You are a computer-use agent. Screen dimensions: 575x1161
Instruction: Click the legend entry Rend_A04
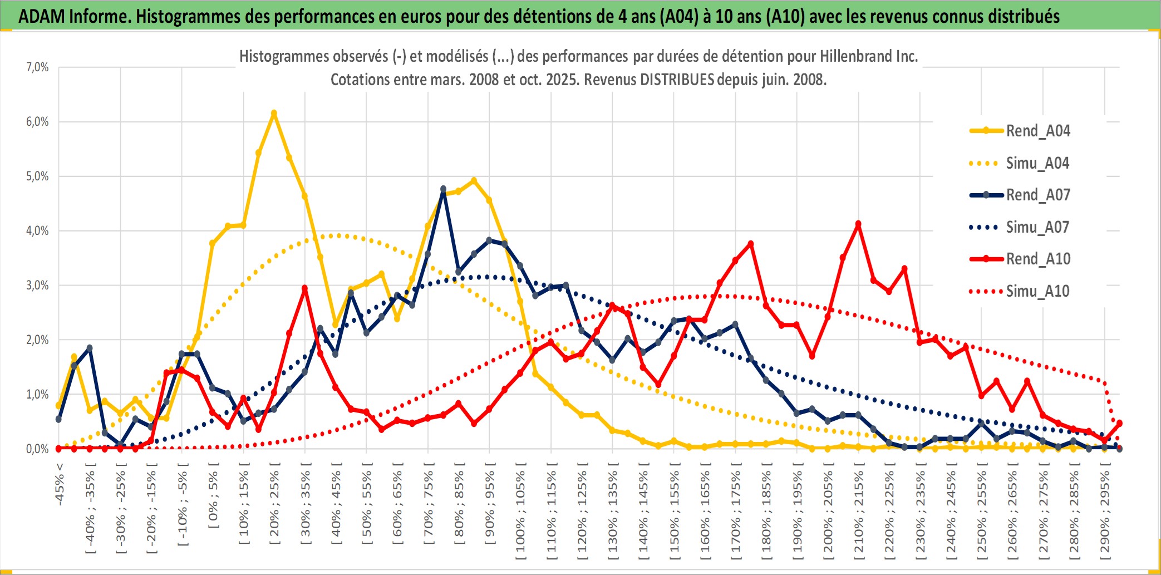[1037, 131]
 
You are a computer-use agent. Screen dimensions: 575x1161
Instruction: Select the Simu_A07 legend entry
[1037, 227]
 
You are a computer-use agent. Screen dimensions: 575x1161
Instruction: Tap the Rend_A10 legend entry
[1037, 259]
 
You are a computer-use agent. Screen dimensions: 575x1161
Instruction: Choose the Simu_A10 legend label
[1037, 291]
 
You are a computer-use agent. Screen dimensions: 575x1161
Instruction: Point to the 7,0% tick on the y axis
[37, 67]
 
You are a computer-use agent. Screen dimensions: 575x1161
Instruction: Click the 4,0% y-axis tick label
[37, 231]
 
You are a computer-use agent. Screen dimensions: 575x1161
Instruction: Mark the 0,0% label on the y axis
[37, 449]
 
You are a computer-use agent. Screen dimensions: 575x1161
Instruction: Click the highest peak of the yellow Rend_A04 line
[274, 114]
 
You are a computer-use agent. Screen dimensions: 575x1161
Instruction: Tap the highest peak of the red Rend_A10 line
[858, 224]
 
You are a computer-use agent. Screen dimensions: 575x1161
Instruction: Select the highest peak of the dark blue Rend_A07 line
[443, 189]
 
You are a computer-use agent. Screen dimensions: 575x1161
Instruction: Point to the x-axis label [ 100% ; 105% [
[520, 512]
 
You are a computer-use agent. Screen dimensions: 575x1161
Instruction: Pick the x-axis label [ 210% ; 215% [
[859, 512]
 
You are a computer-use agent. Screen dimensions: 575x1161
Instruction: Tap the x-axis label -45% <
[60, 484]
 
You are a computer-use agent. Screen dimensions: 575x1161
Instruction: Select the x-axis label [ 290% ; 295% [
[1105, 512]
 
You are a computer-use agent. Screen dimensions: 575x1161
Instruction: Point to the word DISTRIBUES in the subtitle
[677, 80]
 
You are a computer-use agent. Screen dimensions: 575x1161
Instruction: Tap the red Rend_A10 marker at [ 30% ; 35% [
[304, 288]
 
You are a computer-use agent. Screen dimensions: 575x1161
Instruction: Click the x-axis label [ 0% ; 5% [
[213, 495]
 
